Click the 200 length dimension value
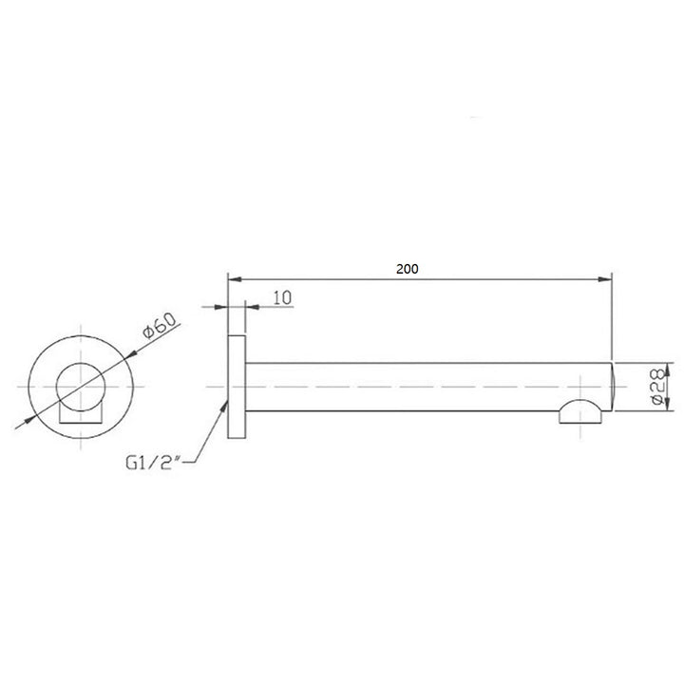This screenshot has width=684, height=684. pos(408,269)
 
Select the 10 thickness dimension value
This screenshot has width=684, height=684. pos(281,297)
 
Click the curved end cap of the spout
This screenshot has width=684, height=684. pos(612,387)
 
